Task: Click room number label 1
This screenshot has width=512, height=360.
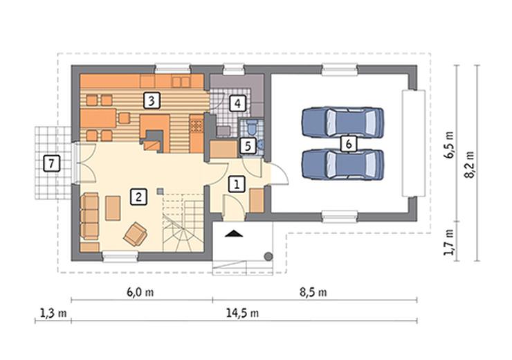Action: tap(237, 184)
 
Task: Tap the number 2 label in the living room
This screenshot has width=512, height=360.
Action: tap(138, 197)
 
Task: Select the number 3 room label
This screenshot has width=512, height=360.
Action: tap(152, 100)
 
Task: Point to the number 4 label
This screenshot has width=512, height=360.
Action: tap(237, 103)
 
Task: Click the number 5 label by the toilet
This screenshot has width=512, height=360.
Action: tap(248, 146)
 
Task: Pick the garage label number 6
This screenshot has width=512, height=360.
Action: tap(349, 144)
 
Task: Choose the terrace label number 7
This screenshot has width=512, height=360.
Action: tap(52, 163)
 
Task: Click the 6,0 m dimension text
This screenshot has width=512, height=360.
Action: tap(140, 291)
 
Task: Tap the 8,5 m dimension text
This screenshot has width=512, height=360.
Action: tap(313, 291)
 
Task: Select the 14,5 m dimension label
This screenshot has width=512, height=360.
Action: tap(243, 314)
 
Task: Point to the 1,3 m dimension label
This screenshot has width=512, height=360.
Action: tap(53, 314)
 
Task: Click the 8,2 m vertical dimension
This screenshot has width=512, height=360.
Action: tap(470, 164)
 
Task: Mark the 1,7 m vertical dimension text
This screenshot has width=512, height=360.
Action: tap(449, 242)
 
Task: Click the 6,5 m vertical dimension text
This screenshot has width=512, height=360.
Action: tap(449, 145)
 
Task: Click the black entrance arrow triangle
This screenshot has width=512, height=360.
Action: tap(234, 233)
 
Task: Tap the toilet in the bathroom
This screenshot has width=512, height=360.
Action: tap(253, 127)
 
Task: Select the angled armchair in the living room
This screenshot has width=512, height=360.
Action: tap(135, 234)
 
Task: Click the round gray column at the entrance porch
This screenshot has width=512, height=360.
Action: tap(268, 256)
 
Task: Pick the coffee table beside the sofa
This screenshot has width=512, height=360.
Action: tap(113, 208)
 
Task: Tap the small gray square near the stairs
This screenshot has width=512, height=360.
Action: tap(160, 191)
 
